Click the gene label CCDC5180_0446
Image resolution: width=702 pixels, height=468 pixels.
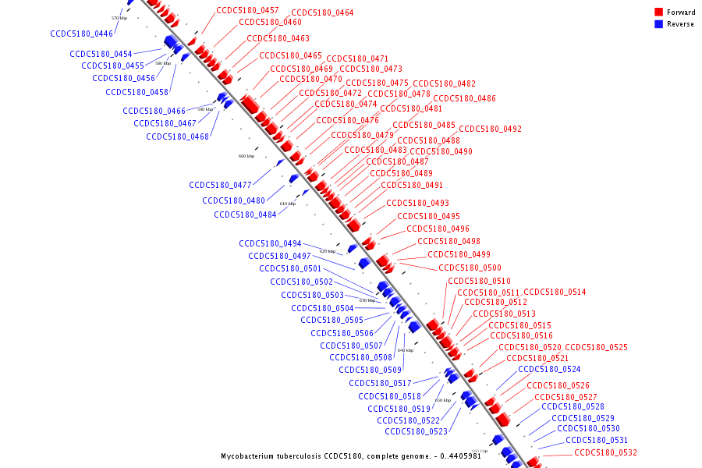pyautogui.click(x=81, y=34)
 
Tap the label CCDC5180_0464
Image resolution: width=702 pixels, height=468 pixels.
pyautogui.click(x=322, y=13)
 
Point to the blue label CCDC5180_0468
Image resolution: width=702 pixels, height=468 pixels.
pyautogui.click(x=177, y=136)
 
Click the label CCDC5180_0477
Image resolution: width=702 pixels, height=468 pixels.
pyautogui.click(x=220, y=185)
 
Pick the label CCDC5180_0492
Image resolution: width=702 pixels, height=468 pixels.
pyautogui.click(x=490, y=129)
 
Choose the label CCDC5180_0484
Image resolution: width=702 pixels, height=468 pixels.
pyautogui.click(x=245, y=214)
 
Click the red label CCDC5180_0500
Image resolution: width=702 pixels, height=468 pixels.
pyautogui.click(x=470, y=268)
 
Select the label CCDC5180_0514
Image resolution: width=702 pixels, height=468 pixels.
pyautogui.click(x=555, y=292)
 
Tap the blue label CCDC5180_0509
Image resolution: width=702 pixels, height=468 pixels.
pyautogui.click(x=370, y=370)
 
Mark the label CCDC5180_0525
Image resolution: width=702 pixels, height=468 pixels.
pyautogui.click(x=596, y=347)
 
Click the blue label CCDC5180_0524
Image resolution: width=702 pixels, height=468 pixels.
pyautogui.click(x=549, y=369)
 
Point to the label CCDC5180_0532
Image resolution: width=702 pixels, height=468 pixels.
pyautogui.click(x=605, y=452)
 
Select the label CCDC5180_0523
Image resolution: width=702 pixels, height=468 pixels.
pyautogui.click(x=416, y=431)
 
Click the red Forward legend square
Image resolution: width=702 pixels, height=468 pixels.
pyautogui.click(x=659, y=12)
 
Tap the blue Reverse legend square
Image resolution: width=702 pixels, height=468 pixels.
pyautogui.click(x=659, y=24)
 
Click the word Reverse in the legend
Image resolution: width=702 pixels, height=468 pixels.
pyautogui.click(x=680, y=24)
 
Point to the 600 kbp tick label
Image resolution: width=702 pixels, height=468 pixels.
pyautogui.click(x=246, y=156)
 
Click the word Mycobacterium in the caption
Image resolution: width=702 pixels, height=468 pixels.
pyautogui.click(x=247, y=456)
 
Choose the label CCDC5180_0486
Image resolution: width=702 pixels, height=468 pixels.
pyautogui.click(x=464, y=98)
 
